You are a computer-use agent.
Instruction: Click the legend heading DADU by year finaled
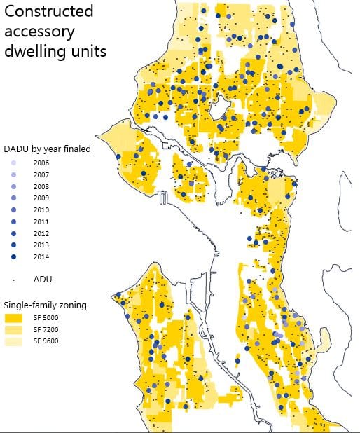point(47,149)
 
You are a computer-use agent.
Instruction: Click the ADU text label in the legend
point(43,279)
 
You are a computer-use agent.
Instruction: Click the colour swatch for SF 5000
point(15,317)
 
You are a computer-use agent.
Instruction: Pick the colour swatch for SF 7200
point(15,329)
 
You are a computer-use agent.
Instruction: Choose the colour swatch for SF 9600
point(15,341)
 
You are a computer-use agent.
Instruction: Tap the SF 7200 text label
point(46,329)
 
